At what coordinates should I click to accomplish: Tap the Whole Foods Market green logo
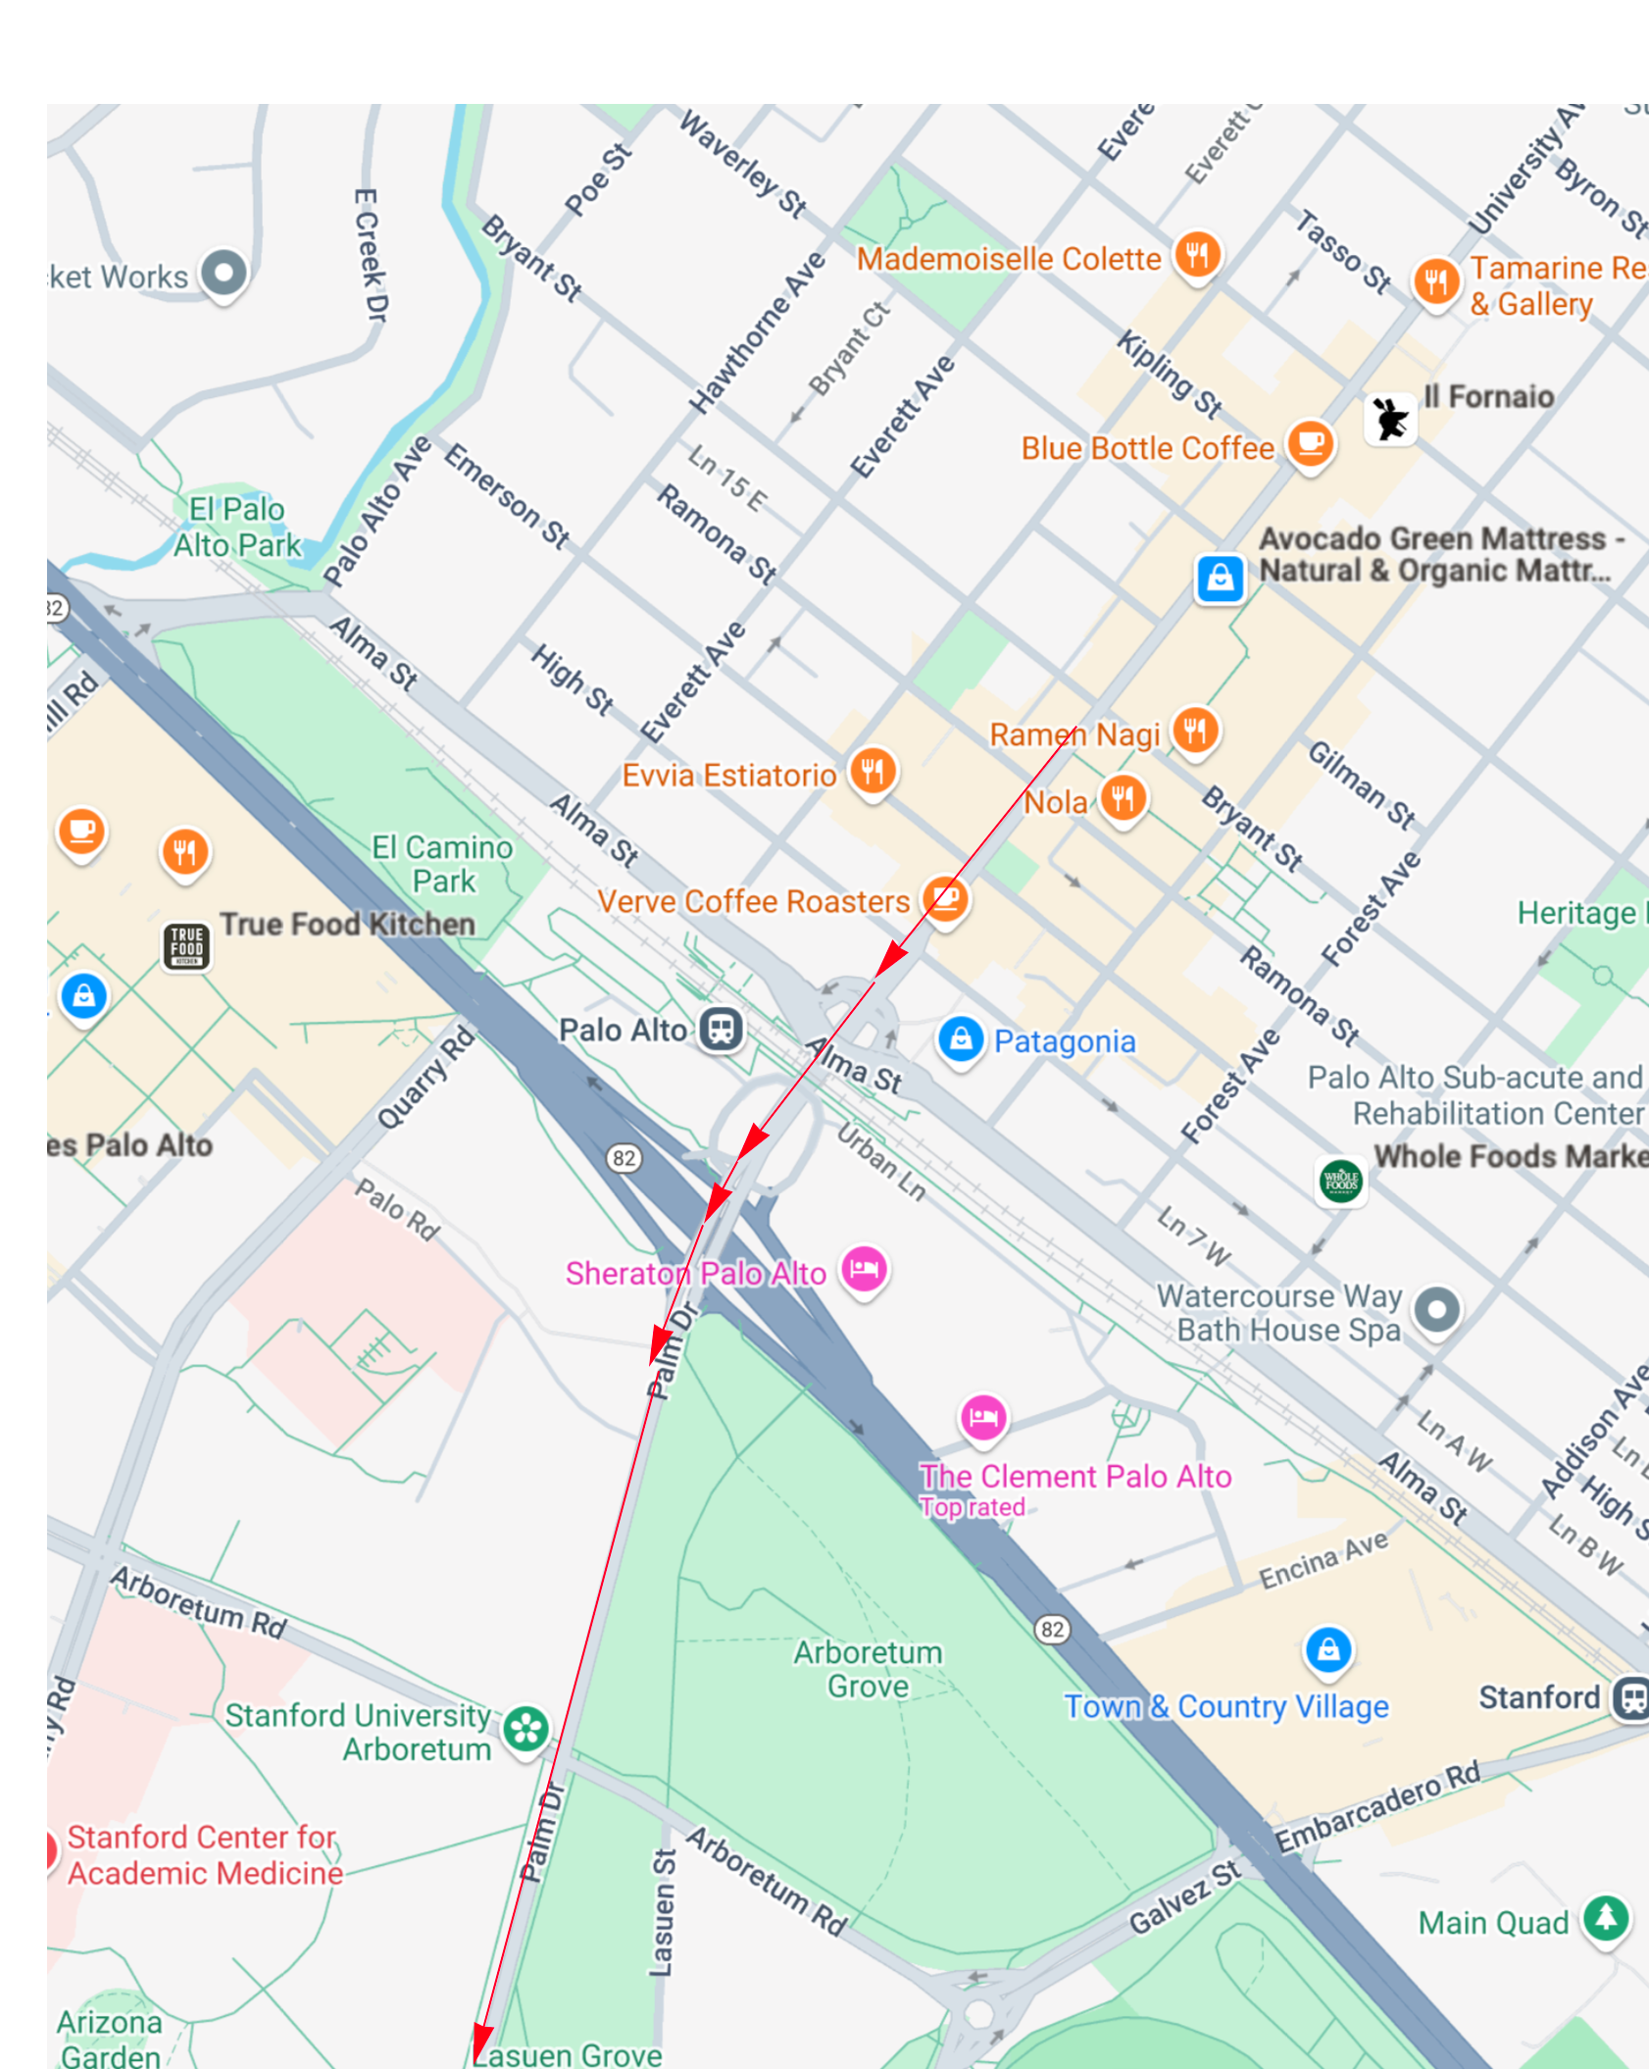pyautogui.click(x=1340, y=1180)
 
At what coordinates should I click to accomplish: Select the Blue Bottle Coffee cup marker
pyautogui.click(x=1310, y=443)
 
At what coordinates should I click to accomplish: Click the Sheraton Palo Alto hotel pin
pyautogui.click(x=864, y=1269)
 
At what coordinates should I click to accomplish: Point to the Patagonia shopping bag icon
pyautogui.click(x=960, y=1038)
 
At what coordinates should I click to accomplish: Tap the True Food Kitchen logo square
pyautogui.click(x=186, y=946)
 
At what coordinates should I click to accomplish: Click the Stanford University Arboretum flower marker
pyautogui.click(x=525, y=1729)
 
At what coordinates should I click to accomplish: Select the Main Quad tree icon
pyautogui.click(x=1606, y=1917)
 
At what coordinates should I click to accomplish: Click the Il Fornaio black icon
pyautogui.click(x=1390, y=420)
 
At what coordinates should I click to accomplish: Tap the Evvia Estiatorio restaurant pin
pyautogui.click(x=872, y=771)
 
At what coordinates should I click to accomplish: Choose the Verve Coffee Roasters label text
pyautogui.click(x=753, y=901)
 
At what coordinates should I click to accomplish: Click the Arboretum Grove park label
pyautogui.click(x=868, y=1669)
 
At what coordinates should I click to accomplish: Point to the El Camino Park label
pyautogui.click(x=442, y=864)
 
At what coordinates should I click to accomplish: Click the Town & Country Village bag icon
pyautogui.click(x=1327, y=1649)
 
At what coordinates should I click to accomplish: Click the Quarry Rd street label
pyautogui.click(x=426, y=1078)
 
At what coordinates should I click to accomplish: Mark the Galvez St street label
pyautogui.click(x=1185, y=1897)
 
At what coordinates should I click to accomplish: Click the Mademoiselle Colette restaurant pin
pyautogui.click(x=1197, y=254)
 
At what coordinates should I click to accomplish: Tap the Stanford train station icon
pyautogui.click(x=1630, y=1697)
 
